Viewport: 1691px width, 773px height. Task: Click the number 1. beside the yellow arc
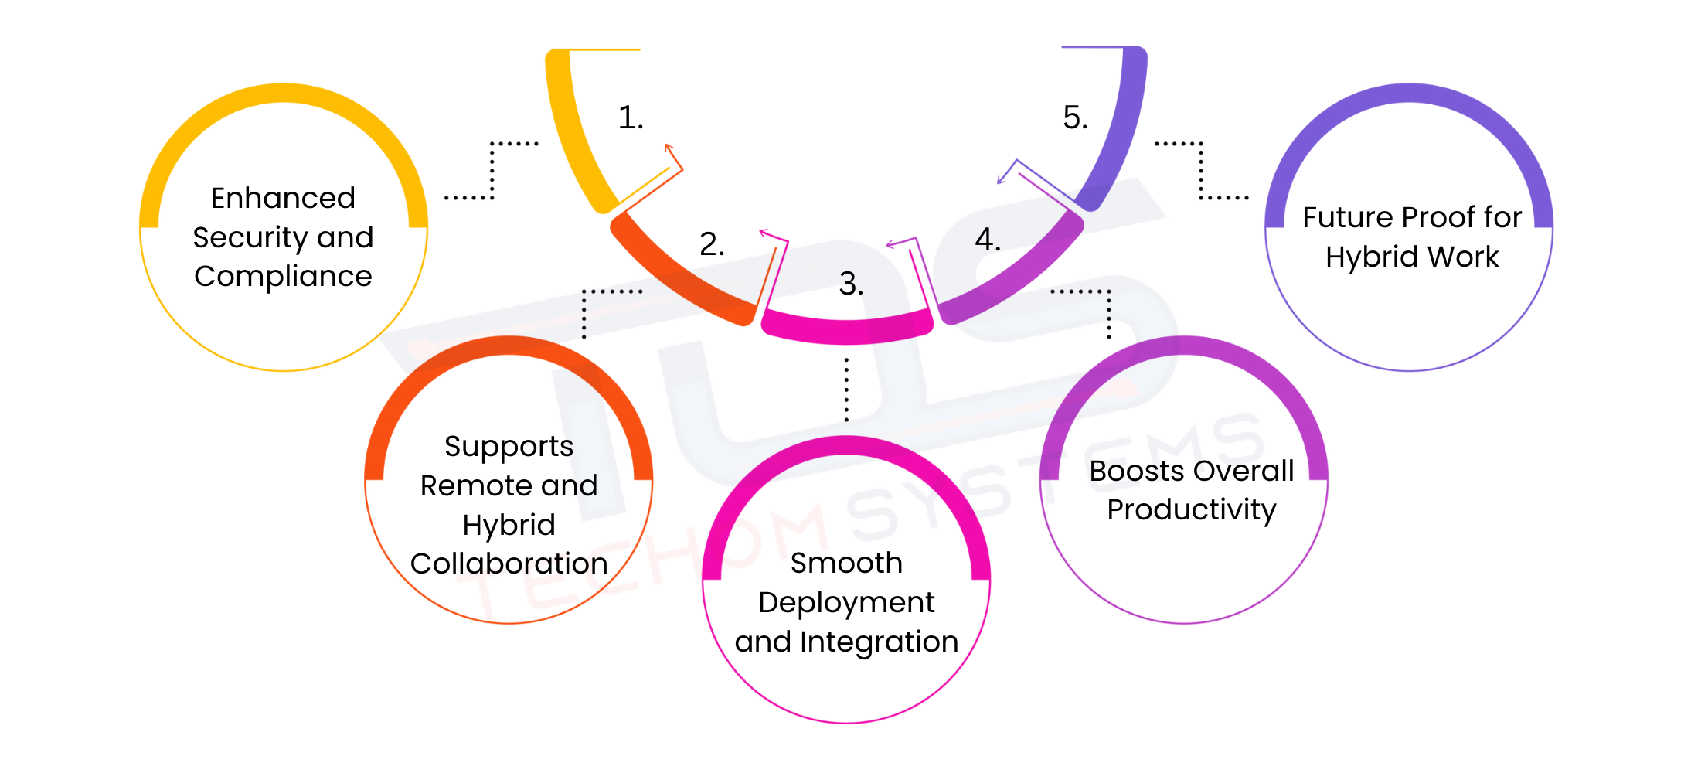[630, 118]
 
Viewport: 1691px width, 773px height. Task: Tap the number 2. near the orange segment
[711, 245]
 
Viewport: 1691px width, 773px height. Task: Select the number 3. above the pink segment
[850, 284]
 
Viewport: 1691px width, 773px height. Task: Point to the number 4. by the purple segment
[987, 240]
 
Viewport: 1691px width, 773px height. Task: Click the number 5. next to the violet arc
[1074, 118]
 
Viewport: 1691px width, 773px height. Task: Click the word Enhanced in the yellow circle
[283, 199]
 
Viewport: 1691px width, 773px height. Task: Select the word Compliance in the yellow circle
[283, 277]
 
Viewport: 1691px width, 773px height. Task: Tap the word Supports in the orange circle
[509, 447]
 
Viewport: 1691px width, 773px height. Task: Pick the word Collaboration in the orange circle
[509, 564]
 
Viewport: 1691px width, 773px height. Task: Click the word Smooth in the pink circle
[846, 564]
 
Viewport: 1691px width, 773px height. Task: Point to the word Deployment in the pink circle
[846, 603]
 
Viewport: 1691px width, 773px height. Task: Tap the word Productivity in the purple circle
[1191, 510]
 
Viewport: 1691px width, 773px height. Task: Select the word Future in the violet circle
[1340, 218]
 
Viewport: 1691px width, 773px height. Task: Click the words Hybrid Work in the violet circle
[1411, 257]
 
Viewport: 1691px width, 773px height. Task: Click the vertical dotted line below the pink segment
[846, 390]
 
